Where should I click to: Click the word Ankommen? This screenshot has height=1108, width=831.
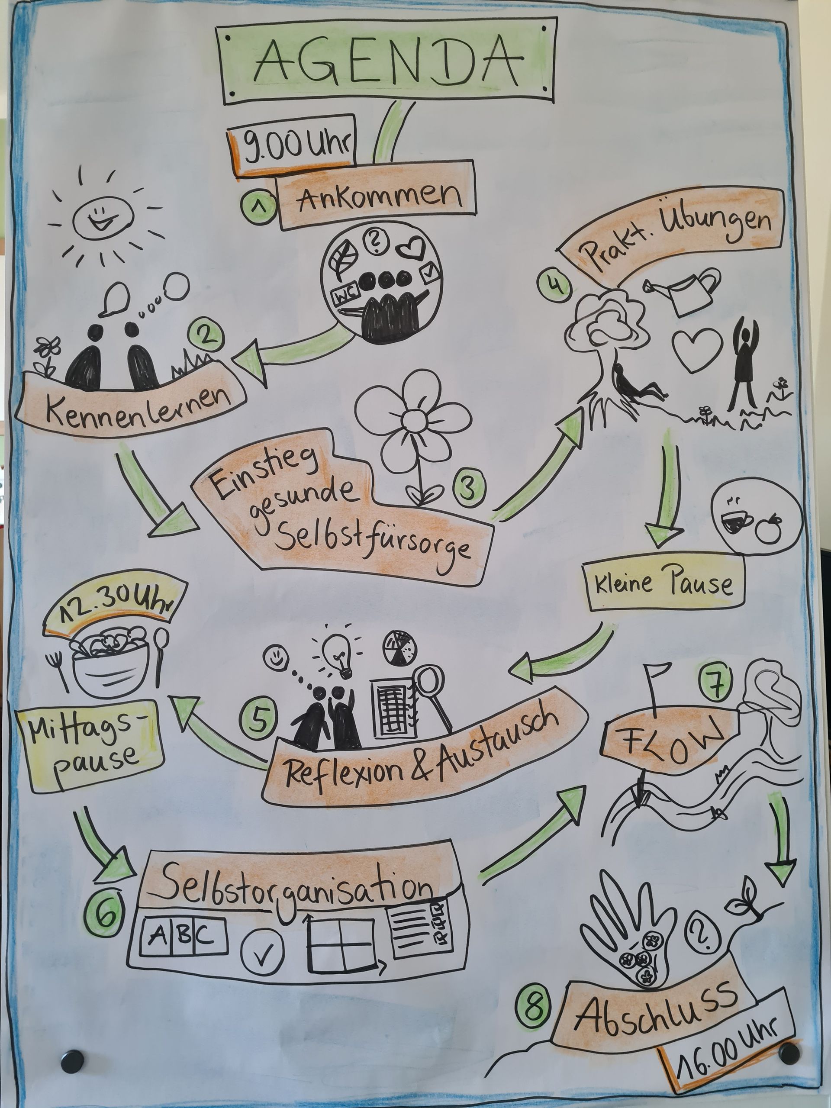click(x=379, y=197)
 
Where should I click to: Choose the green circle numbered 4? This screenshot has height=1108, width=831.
click(x=553, y=285)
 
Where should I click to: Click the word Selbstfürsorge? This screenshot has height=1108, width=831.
click(x=373, y=541)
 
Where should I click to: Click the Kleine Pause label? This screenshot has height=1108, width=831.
click(x=664, y=583)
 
